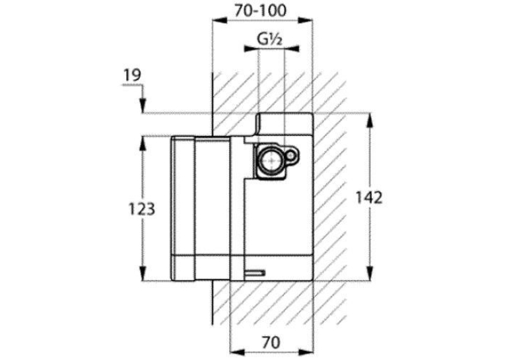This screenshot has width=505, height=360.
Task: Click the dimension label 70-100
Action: [x=260, y=11]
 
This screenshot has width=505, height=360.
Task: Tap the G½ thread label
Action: [x=270, y=40]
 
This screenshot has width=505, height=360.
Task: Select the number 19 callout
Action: [x=133, y=75]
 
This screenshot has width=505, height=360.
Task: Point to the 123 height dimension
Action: [x=142, y=209]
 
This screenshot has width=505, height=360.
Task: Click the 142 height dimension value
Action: [x=369, y=198]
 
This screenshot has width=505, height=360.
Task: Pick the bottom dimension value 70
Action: [x=271, y=342]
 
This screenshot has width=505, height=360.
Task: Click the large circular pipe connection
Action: [x=271, y=160]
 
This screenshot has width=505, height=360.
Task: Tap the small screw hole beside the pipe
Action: [x=292, y=156]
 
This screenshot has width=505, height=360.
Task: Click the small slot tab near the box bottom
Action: [x=255, y=273]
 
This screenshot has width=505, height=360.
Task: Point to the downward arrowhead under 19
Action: [x=143, y=106]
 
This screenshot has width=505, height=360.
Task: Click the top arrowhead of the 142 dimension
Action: [x=370, y=121]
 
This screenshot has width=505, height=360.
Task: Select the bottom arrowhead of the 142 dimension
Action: [x=370, y=273]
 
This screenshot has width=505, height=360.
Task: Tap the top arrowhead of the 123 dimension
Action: [x=143, y=144]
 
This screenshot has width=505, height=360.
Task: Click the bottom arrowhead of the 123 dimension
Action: [x=143, y=273]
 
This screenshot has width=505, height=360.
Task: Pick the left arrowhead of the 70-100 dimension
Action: [x=219, y=20]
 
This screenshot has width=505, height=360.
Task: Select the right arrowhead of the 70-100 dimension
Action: [x=305, y=20]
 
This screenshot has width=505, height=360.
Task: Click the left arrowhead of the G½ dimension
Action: [x=252, y=49]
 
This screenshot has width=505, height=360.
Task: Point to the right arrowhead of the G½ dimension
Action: [x=292, y=49]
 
